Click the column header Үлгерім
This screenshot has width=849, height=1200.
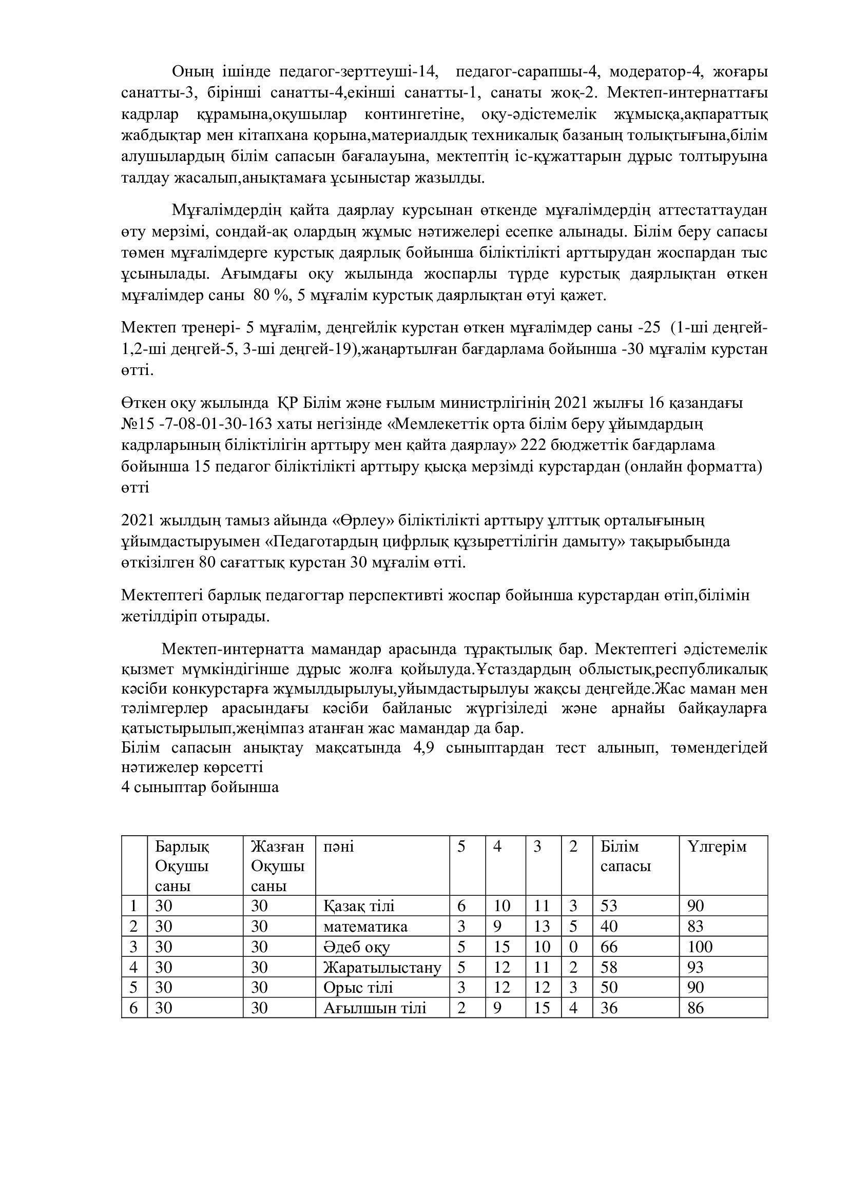717,846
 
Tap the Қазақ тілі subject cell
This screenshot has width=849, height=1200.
359,906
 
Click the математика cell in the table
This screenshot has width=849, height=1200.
365,927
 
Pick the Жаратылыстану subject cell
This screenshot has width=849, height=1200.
382,968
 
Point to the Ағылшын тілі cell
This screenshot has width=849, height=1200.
374,1008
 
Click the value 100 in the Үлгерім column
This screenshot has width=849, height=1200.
700,947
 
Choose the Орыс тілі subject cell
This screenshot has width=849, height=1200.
358,987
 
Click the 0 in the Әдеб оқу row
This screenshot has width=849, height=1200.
573,947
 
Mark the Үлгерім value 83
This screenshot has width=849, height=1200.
696,927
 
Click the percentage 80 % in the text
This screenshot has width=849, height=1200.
271,296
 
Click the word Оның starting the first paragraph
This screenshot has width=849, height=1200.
192,71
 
